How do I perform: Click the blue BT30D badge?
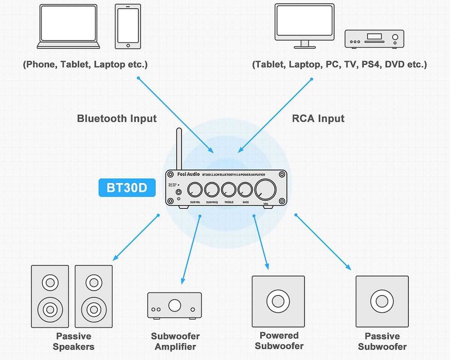pyautogui.click(x=127, y=188)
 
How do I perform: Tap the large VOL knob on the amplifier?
pyautogui.click(x=265, y=190)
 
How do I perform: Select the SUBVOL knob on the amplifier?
pyautogui.click(x=195, y=190)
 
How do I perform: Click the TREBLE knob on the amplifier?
pyautogui.click(x=228, y=190)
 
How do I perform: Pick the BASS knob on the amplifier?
pyautogui.click(x=245, y=190)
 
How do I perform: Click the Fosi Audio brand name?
pyautogui.click(x=182, y=175)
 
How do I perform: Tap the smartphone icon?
pyautogui.click(x=128, y=27)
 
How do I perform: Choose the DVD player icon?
pyautogui.click(x=374, y=39)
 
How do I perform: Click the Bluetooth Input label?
pyautogui.click(x=117, y=118)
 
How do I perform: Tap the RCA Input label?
pyautogui.click(x=318, y=118)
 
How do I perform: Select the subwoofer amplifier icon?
pyautogui.click(x=174, y=305)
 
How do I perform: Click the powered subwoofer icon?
pyautogui.click(x=278, y=301)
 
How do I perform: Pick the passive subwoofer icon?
pyautogui.click(x=382, y=301)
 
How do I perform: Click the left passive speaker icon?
pyautogui.click(x=50, y=296)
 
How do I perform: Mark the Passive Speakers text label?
pyautogui.click(x=74, y=341)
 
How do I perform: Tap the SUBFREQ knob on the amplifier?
pyautogui.click(x=211, y=190)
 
